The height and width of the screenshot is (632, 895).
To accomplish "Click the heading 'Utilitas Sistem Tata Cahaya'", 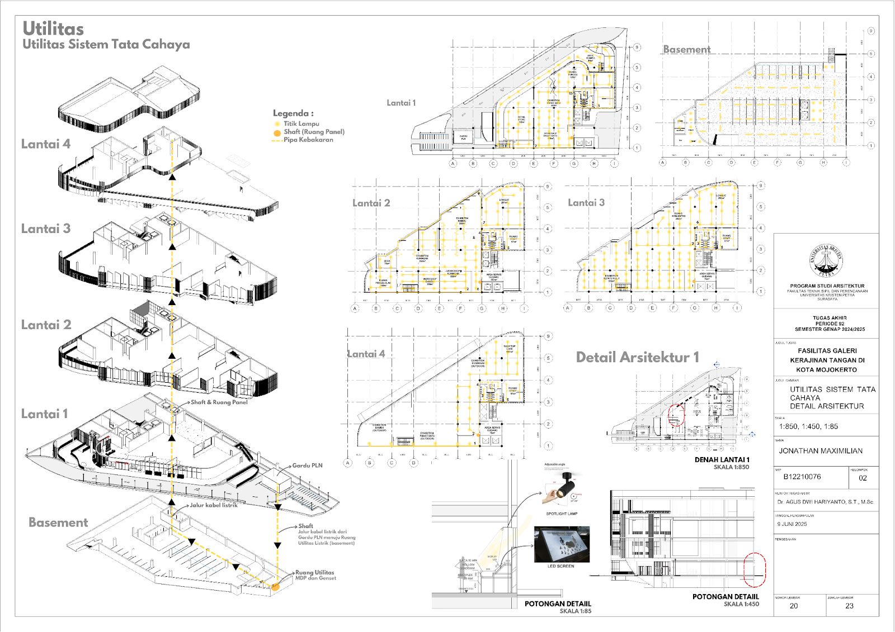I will [x=106, y=44].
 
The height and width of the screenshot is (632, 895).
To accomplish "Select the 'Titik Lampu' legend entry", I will [x=301, y=123].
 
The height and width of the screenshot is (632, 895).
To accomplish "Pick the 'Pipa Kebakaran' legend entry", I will [x=308, y=140].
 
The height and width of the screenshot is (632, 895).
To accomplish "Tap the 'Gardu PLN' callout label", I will [x=307, y=465].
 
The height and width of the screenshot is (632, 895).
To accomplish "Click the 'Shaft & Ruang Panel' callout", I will [x=219, y=402].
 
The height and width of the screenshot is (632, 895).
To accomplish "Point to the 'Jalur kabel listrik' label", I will [x=214, y=505].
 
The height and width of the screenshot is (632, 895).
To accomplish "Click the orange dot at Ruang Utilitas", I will [x=275, y=586].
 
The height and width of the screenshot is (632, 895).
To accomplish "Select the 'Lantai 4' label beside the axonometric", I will [x=46, y=144].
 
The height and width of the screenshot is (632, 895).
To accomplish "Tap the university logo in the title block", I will [x=826, y=260].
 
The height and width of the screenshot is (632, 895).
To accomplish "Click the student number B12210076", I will [x=802, y=477].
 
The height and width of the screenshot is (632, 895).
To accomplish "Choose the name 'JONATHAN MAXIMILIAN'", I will [x=821, y=451].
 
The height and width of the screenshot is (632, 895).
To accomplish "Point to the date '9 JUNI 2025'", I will [x=792, y=524].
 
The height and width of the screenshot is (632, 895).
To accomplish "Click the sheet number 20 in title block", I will [x=794, y=606].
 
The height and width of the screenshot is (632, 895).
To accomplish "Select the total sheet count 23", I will [x=849, y=606].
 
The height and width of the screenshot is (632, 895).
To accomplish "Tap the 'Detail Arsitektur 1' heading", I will [x=637, y=358].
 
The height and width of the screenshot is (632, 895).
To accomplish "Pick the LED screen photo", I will [x=562, y=544].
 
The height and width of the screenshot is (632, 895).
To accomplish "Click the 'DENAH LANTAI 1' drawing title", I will [x=722, y=460].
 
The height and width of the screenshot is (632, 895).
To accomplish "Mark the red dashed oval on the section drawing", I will [x=755, y=570].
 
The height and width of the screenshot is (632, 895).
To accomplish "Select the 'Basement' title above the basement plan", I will [x=686, y=49].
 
